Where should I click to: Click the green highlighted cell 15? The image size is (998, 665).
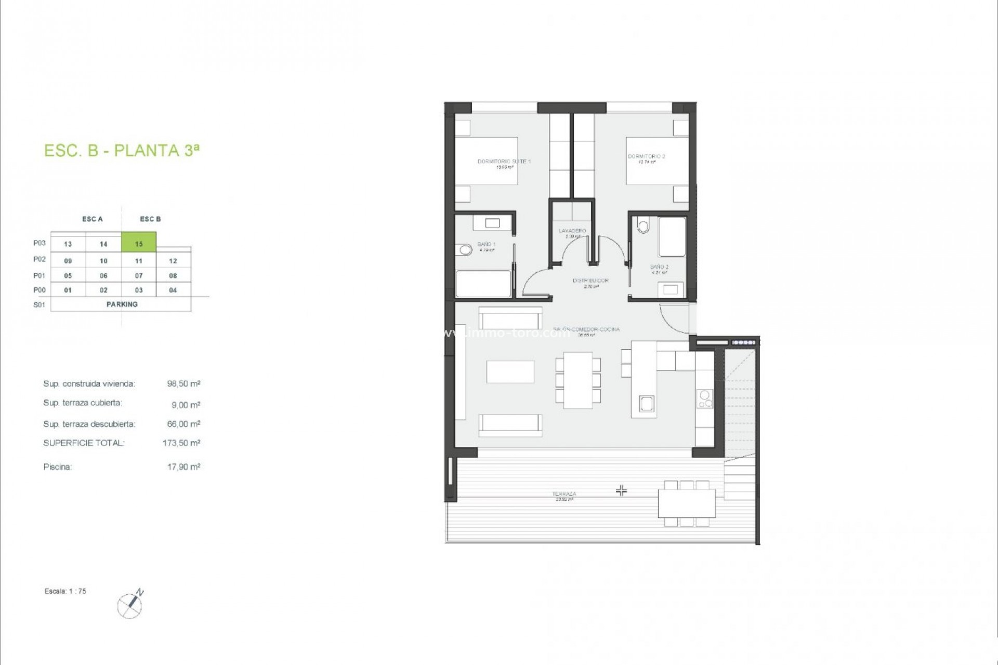[139, 243]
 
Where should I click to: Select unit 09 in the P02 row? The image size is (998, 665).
[68, 261]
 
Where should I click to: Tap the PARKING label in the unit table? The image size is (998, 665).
[122, 304]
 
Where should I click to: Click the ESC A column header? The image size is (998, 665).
[93, 219]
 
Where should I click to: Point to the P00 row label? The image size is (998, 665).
[40, 290]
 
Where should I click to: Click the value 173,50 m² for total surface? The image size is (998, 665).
[181, 443]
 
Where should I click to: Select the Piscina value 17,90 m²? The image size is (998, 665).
[183, 467]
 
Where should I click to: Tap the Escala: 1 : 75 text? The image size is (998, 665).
[65, 591]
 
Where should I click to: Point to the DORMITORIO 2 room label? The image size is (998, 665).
[646, 156]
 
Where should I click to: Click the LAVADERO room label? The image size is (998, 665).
[572, 231]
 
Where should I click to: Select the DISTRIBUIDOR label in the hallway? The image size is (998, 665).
[590, 281]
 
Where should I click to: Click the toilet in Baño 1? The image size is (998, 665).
[465, 250]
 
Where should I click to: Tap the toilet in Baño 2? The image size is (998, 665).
[644, 226]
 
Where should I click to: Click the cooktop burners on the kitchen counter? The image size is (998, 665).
[705, 399]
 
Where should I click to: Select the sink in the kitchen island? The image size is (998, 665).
[647, 403]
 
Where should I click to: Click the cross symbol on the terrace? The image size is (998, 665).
[622, 490]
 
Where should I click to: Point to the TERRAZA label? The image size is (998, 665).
[564, 494]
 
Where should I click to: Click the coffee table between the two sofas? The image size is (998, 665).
[510, 371]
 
